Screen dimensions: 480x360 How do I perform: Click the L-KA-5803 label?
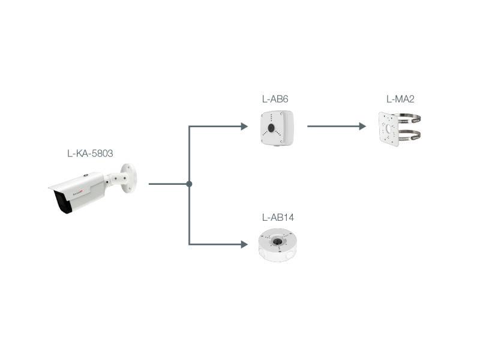click(x=90, y=154)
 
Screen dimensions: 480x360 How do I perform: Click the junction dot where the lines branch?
click(x=189, y=184)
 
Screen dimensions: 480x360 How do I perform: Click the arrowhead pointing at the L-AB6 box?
click(x=244, y=127)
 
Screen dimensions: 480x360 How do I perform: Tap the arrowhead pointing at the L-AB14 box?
click(x=244, y=244)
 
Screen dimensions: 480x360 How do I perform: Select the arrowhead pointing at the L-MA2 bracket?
click(x=362, y=127)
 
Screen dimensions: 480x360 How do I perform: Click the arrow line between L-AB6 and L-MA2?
click(x=333, y=127)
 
